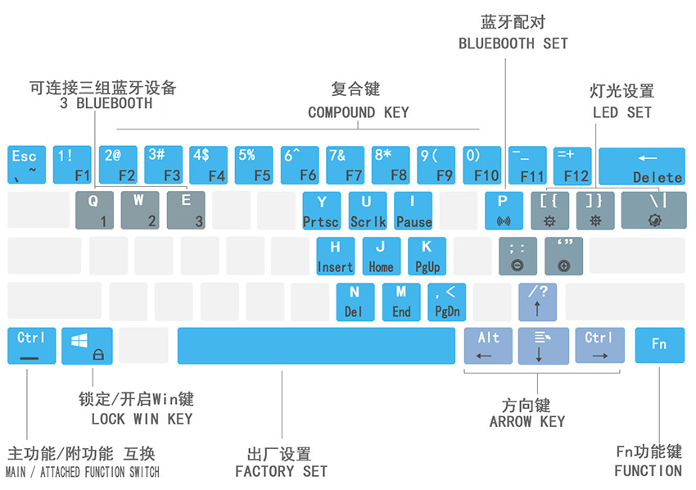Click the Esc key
pyautogui.click(x=26, y=165)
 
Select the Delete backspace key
pyautogui.click(x=641, y=166)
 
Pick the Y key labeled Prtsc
pyautogui.click(x=321, y=211)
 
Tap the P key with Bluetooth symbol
pyautogui.click(x=504, y=211)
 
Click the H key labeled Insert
pyautogui.click(x=335, y=256)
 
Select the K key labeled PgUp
pyautogui.click(x=427, y=256)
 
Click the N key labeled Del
pyautogui.click(x=354, y=301)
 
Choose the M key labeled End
pyautogui.click(x=401, y=301)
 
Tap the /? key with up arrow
pyautogui.click(x=537, y=301)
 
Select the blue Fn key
pyautogui.click(x=659, y=345)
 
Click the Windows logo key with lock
pyautogui.click(x=87, y=345)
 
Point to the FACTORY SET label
pyautogui.click(x=281, y=471)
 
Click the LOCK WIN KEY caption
pyautogui.click(x=142, y=419)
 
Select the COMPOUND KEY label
pyautogui.click(x=358, y=112)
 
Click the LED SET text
pyautogui.click(x=622, y=112)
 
